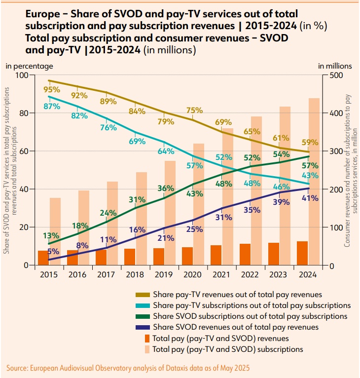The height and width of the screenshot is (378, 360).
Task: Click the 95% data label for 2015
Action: coord(52,90)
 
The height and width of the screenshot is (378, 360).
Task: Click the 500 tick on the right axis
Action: coord(332,75)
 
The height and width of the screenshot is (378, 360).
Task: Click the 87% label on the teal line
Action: coord(52,106)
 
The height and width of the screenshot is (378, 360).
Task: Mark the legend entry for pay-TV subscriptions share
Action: coord(252,305)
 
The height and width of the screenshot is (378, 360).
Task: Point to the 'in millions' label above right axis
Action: coord(335,65)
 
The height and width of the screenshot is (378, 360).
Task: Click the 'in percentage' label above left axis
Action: coord(29,65)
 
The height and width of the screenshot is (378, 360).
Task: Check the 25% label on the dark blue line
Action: coord(195,229)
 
